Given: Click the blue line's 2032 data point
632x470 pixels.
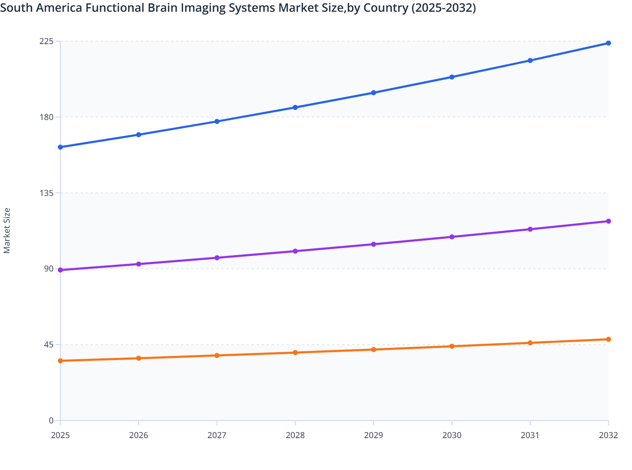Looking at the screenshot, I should [x=608, y=43].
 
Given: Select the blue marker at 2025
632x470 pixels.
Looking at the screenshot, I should [x=60, y=147].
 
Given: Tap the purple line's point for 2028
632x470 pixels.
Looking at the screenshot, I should [x=295, y=251].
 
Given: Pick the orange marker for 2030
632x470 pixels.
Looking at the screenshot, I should [x=452, y=346].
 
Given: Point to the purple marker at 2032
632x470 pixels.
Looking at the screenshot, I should [x=608, y=221].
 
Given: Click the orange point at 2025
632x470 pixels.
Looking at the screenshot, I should [x=60, y=360].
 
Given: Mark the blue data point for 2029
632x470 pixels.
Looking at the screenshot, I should [x=373, y=93].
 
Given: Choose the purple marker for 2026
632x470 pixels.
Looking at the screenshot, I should [x=139, y=264].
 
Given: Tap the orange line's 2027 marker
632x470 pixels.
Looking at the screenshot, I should [x=217, y=355].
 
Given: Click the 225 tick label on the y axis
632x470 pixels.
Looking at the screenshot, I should [x=47, y=41].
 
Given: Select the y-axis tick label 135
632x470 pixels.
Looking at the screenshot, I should [x=47, y=193].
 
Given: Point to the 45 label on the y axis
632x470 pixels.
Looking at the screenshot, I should [x=49, y=345].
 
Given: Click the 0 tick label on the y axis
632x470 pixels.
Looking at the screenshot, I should [x=51, y=420].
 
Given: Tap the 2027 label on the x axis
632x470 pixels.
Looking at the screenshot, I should [x=217, y=435].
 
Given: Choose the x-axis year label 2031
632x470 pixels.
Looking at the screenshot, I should [x=530, y=435].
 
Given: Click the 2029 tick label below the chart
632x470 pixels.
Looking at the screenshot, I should [x=373, y=435].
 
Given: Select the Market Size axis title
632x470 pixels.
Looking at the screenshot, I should [x=7, y=230].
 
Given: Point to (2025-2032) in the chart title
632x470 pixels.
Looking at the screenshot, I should [x=443, y=8].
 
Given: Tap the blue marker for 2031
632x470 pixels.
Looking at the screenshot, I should [x=530, y=60].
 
